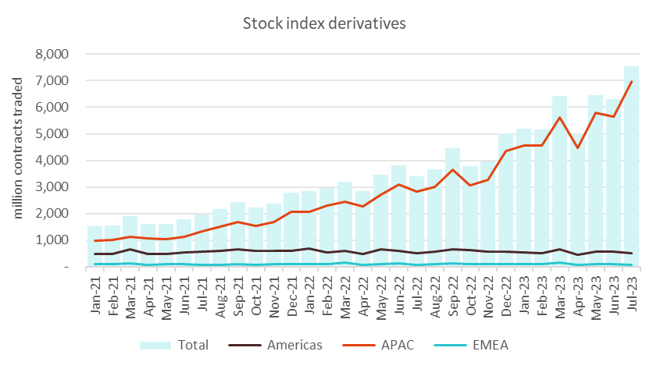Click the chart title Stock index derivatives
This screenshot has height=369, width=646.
click(323, 23)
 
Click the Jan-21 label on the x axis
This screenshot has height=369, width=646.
click(95, 295)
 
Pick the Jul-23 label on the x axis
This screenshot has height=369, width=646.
click(630, 295)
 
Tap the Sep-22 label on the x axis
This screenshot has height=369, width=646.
click(451, 295)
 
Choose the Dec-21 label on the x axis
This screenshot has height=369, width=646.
click(291, 295)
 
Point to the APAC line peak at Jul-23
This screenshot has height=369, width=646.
click(630, 82)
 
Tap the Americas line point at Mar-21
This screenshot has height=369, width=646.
click(130, 250)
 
